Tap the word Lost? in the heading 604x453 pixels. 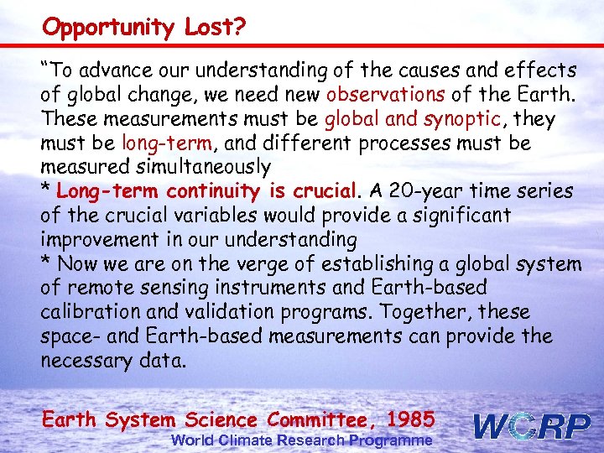click(x=210, y=28)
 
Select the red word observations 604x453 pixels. click(x=387, y=94)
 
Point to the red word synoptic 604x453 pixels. click(x=466, y=119)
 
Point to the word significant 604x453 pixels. click(x=452, y=216)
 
